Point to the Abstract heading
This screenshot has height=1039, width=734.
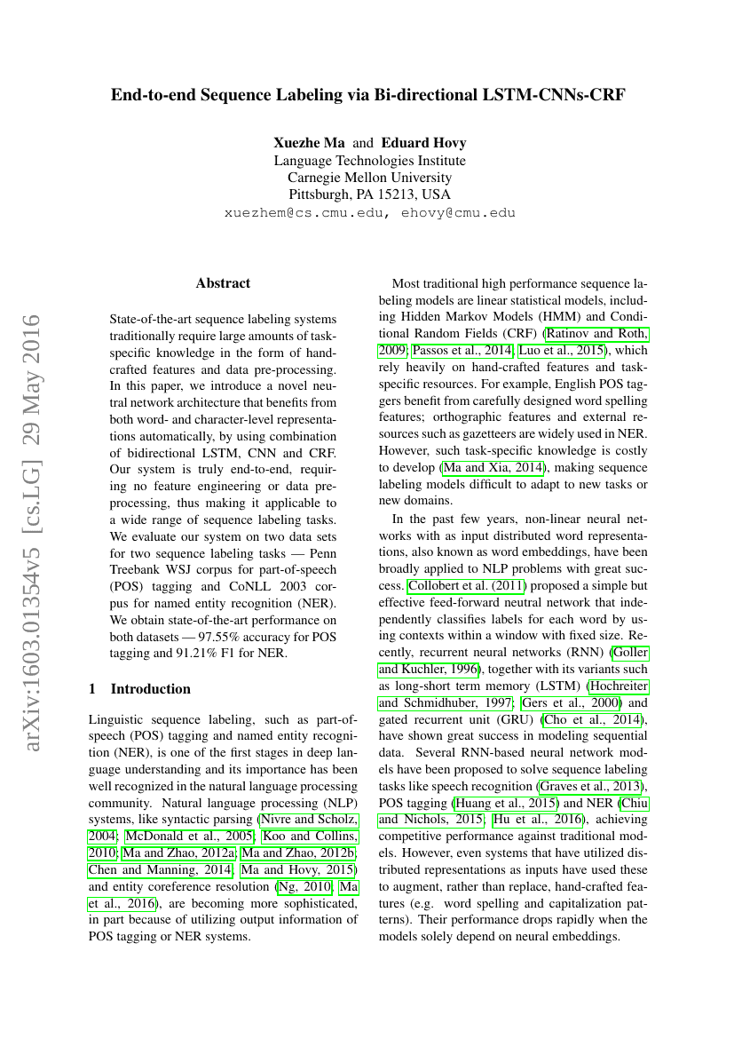coord(223,283)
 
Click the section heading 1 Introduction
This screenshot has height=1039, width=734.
coord(140,688)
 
